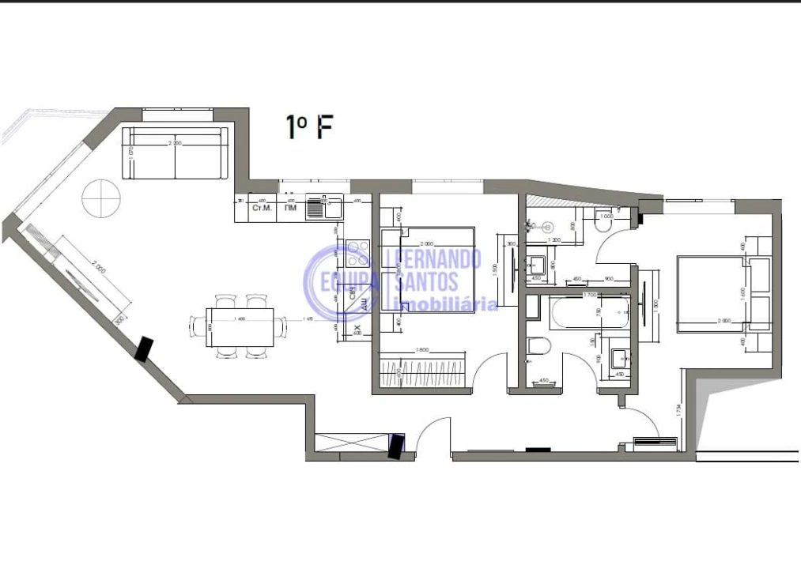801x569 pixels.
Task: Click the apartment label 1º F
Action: click(308, 127)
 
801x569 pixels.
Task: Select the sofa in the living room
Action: click(175, 153)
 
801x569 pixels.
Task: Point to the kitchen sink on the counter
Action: click(323, 208)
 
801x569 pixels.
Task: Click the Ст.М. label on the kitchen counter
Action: click(260, 209)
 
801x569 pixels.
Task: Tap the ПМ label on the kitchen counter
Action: click(291, 209)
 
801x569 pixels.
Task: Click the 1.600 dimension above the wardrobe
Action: click(419, 350)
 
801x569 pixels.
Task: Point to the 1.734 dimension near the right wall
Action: click(681, 411)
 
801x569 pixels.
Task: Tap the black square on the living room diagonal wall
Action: click(144, 349)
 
